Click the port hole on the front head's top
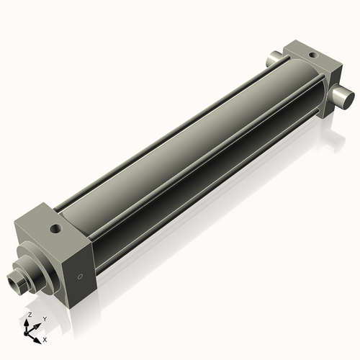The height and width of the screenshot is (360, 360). [55, 230]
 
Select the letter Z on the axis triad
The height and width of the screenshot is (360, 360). [29, 315]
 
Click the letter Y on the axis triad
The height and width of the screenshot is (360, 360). [44, 318]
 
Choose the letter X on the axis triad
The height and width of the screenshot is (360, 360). [45, 338]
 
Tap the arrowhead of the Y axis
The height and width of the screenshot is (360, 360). [38, 323]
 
